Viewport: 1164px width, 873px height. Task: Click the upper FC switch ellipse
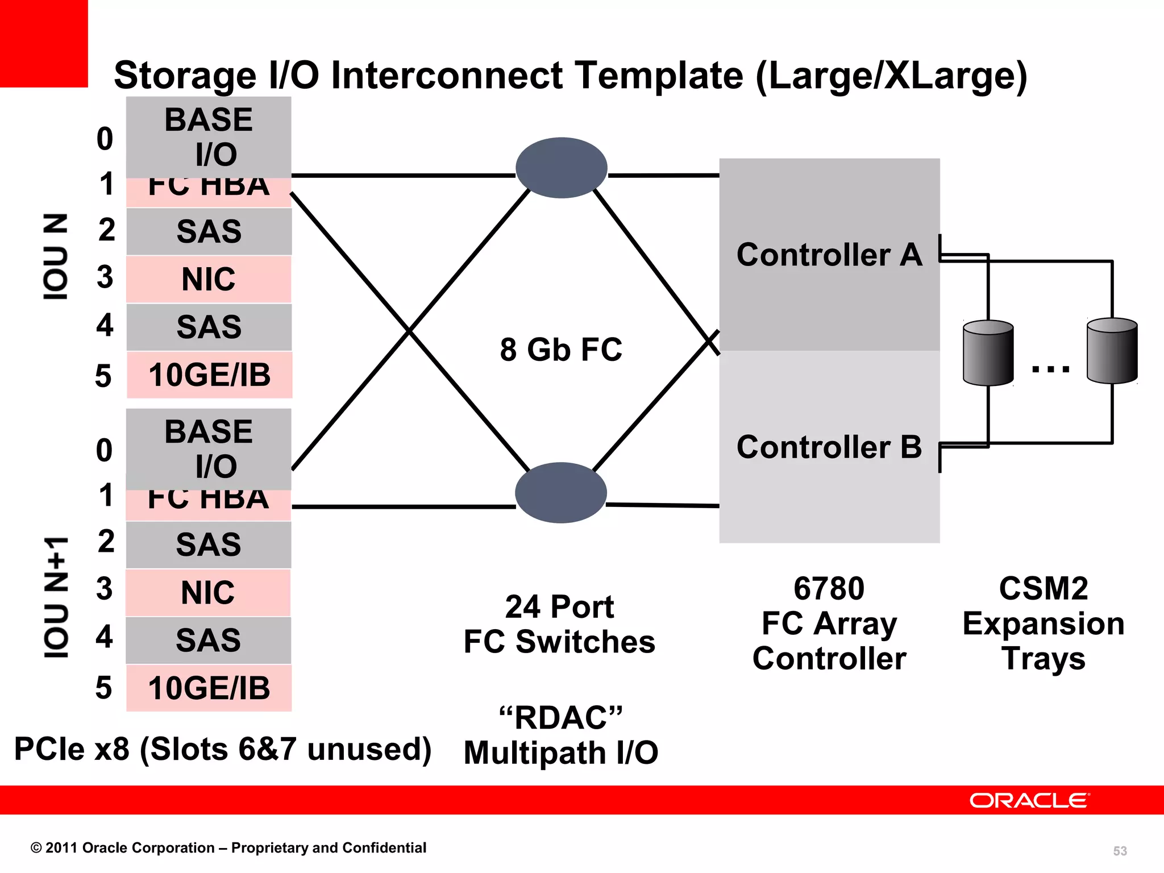[x=561, y=168]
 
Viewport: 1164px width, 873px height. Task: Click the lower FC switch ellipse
[x=561, y=492]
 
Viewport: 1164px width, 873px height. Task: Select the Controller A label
[x=829, y=255]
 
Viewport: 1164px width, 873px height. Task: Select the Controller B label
[x=829, y=447]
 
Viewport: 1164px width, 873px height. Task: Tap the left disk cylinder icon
[x=988, y=352]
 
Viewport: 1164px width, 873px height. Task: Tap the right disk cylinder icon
[x=1112, y=350]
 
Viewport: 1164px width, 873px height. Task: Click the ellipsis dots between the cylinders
[x=1050, y=369]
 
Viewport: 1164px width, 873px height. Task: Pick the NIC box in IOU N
[x=209, y=279]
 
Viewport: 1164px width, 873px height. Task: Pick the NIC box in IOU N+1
[x=208, y=592]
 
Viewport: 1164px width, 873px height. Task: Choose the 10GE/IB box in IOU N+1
[x=209, y=688]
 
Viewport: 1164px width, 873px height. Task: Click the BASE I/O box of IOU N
[x=209, y=137]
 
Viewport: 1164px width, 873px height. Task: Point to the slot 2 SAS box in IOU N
[x=209, y=231]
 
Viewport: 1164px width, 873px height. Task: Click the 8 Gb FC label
[x=561, y=349]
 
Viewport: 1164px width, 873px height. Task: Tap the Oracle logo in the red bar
[x=1029, y=800]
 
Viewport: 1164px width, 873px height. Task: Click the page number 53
[x=1120, y=851]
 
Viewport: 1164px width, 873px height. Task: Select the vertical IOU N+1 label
[x=56, y=597]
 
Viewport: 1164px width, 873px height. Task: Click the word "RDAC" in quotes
[x=561, y=717]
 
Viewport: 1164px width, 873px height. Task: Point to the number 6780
[x=829, y=588]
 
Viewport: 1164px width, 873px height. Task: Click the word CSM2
[x=1044, y=588]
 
